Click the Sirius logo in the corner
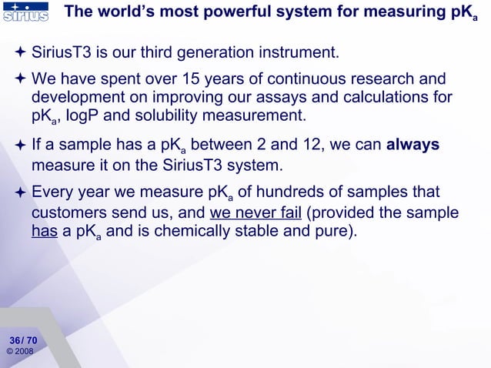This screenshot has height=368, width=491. coord(25,12)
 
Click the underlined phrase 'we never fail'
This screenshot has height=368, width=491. coord(255,212)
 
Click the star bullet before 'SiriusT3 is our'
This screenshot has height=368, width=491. coord(21,53)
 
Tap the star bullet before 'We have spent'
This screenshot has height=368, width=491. coord(21,79)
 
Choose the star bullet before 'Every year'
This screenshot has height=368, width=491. coord(21,192)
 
